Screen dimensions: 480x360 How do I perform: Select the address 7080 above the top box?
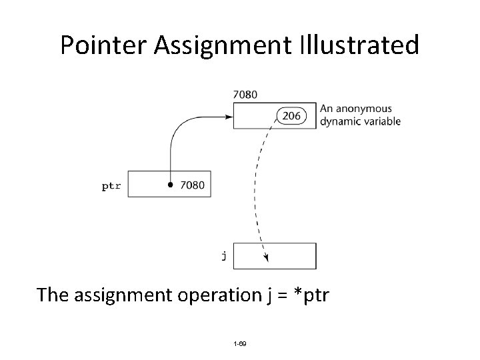(x=245, y=95)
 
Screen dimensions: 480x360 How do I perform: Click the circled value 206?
(x=291, y=116)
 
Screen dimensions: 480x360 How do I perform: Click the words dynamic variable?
(x=360, y=121)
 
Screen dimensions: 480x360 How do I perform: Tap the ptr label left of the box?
(x=111, y=186)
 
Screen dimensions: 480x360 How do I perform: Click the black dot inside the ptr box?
(x=171, y=184)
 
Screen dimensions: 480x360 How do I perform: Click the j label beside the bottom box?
(x=223, y=255)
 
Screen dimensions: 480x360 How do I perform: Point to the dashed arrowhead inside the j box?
(x=265, y=257)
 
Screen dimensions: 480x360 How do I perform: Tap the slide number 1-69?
(x=239, y=343)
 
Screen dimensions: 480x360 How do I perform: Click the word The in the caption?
(x=53, y=294)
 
